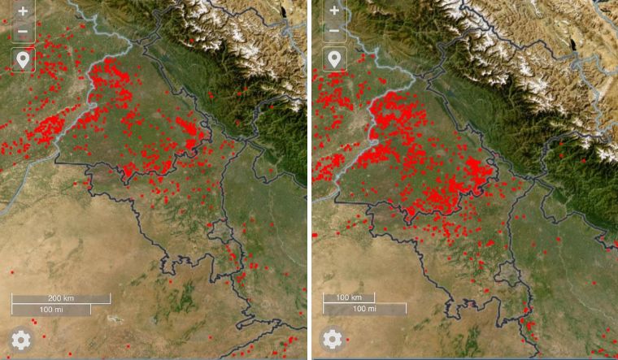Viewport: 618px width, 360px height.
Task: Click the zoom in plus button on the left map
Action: (x=22, y=12)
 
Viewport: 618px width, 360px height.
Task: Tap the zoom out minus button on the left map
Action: (x=22, y=33)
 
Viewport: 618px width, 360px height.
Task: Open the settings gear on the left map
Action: (x=21, y=340)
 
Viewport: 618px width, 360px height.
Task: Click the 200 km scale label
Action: (x=60, y=298)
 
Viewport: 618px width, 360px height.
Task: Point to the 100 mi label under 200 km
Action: (x=50, y=310)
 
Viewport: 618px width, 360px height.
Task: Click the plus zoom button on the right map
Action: (x=333, y=12)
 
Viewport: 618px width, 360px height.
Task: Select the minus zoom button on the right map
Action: (x=333, y=33)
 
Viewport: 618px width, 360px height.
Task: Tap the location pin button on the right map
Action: (x=333, y=59)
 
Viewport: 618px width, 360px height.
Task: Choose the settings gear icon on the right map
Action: (x=332, y=340)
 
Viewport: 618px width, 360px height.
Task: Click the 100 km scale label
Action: (x=349, y=298)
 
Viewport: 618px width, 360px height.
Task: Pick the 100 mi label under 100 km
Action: (x=364, y=310)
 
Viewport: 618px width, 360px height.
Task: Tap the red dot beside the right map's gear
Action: (x=348, y=339)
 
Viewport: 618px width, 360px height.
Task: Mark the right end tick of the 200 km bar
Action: (x=110, y=298)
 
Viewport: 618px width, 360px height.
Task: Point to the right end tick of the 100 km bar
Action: (x=373, y=298)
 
